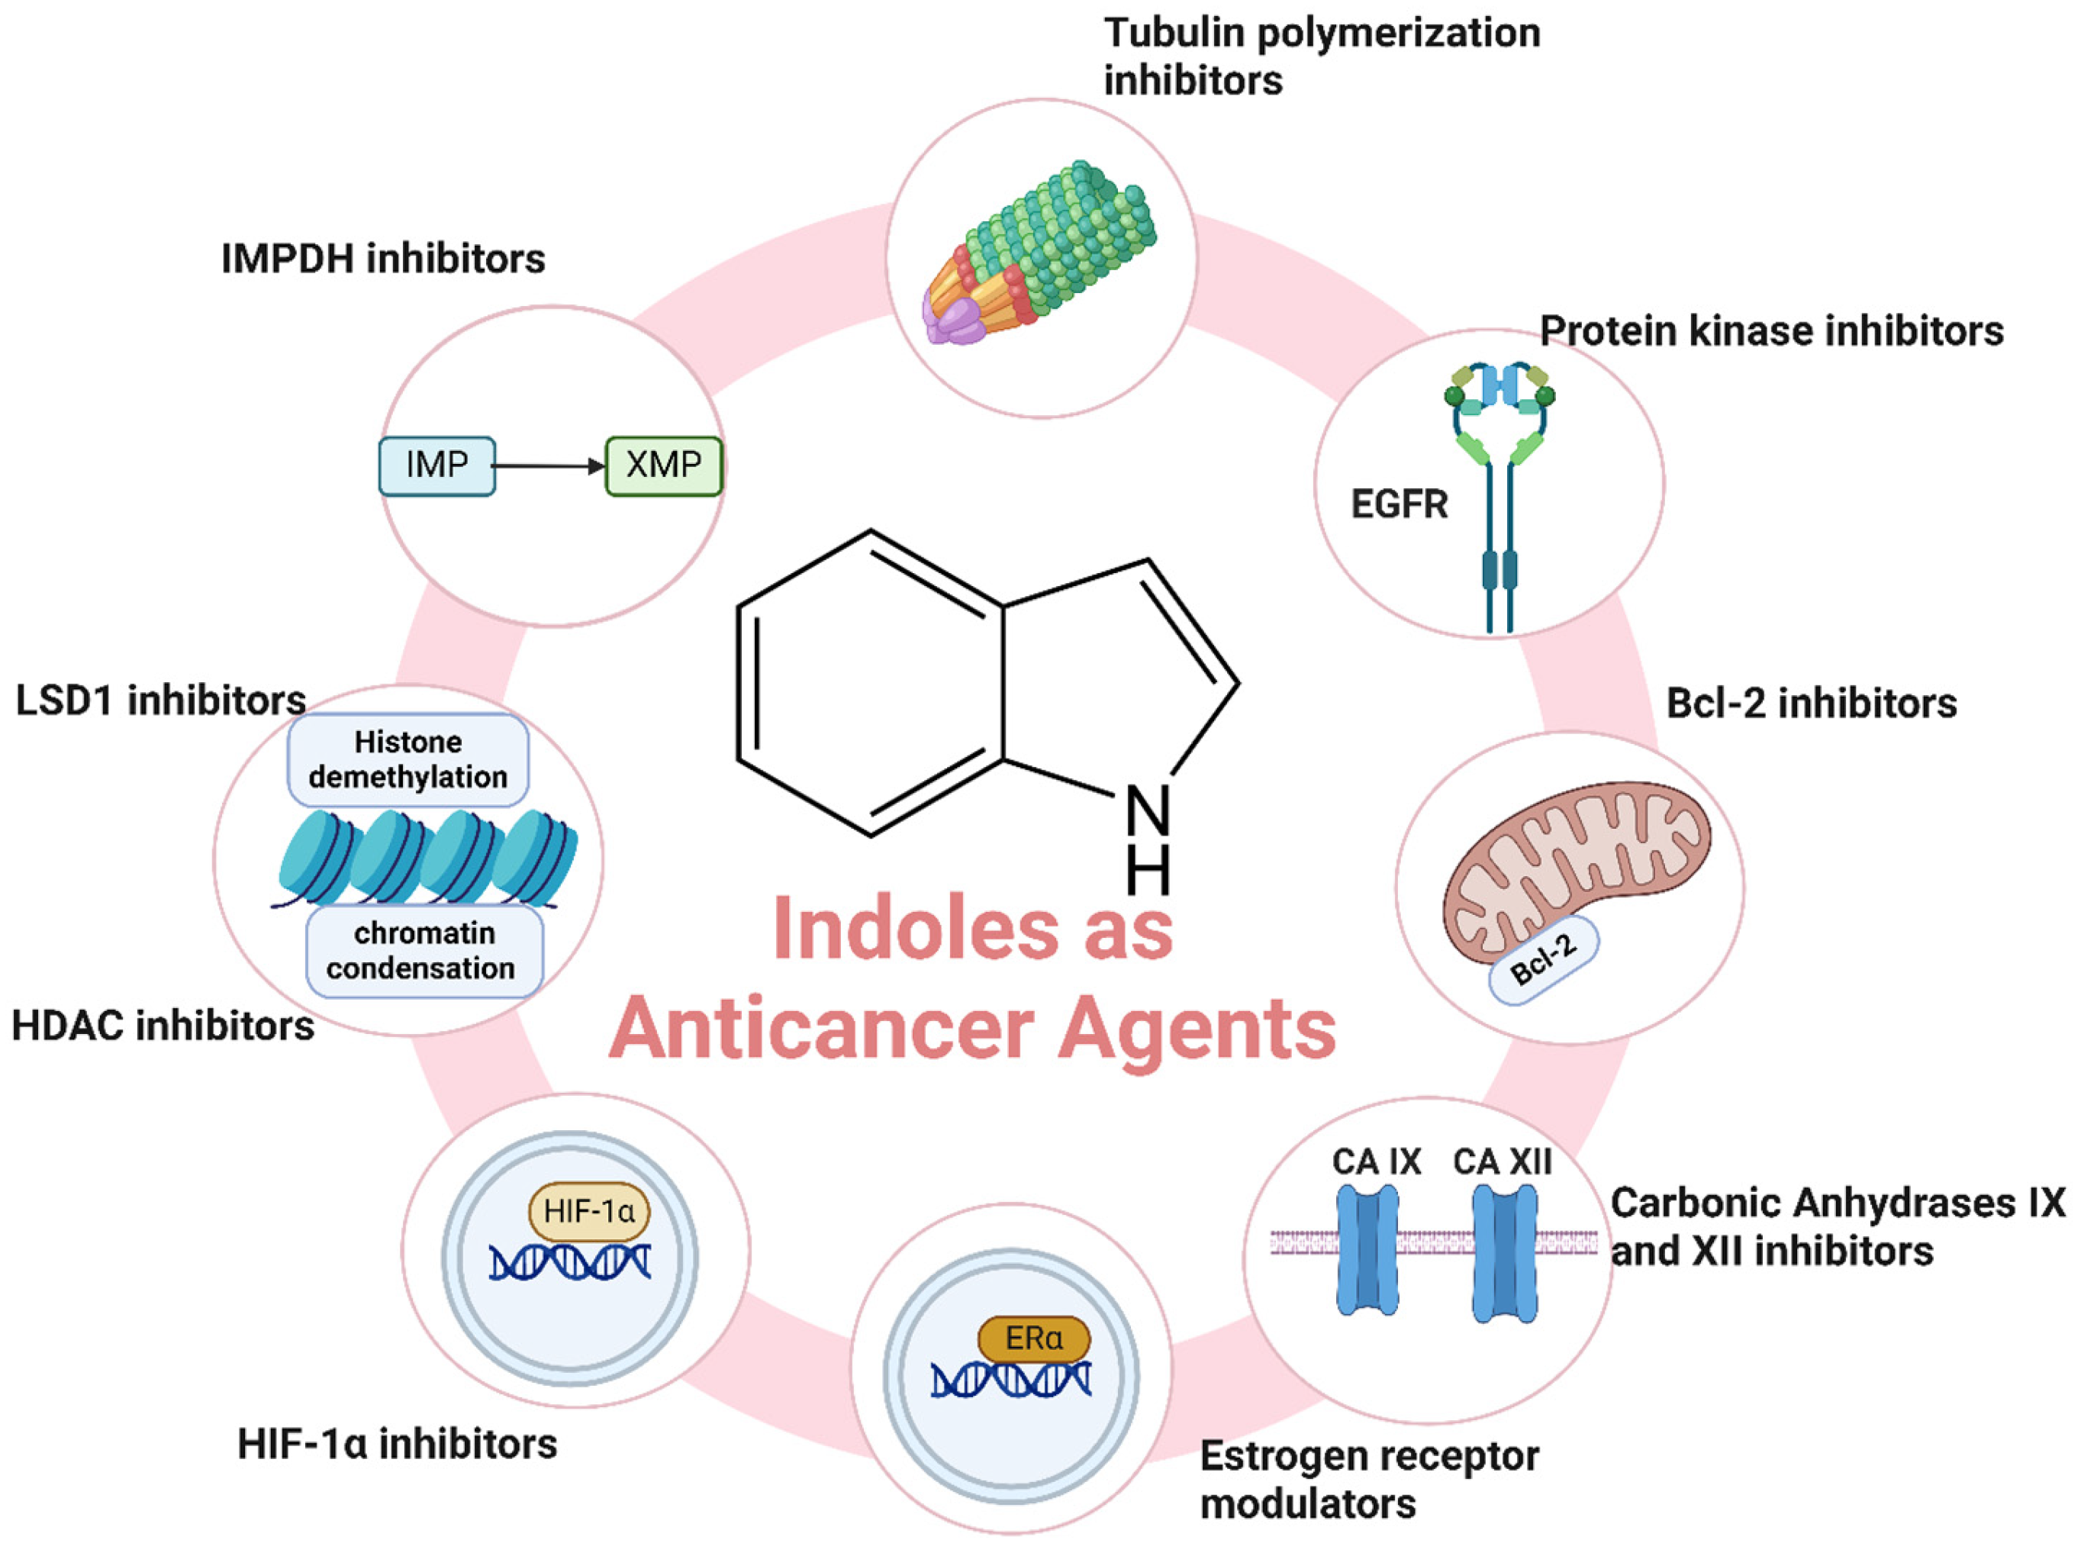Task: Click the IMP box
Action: point(436,465)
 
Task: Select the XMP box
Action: point(663,465)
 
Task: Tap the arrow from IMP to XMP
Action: point(549,465)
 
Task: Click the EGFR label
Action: point(1398,504)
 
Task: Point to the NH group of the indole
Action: point(1148,836)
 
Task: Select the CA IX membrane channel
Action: point(1367,1251)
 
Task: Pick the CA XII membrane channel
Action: point(1504,1251)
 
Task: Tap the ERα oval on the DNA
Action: point(1033,1338)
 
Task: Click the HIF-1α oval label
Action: point(588,1211)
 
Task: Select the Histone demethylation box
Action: point(408,759)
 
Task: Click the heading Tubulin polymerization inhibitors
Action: point(1321,56)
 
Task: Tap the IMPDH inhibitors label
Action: point(383,259)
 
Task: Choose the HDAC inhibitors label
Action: point(163,1026)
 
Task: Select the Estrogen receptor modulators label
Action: point(1368,1479)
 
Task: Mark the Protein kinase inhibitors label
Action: point(1771,330)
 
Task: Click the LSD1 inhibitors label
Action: point(161,701)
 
